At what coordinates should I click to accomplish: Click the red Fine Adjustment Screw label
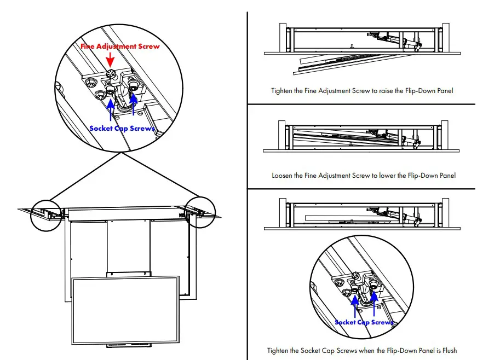point(120,47)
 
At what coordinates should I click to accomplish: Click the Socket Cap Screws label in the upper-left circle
point(122,129)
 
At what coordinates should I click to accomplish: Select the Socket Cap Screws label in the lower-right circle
point(364,322)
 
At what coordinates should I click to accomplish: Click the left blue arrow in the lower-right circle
point(355,306)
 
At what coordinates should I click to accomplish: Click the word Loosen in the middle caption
point(284,176)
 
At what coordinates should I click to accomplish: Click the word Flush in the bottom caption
point(447,350)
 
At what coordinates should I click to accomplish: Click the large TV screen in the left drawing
point(126,309)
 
